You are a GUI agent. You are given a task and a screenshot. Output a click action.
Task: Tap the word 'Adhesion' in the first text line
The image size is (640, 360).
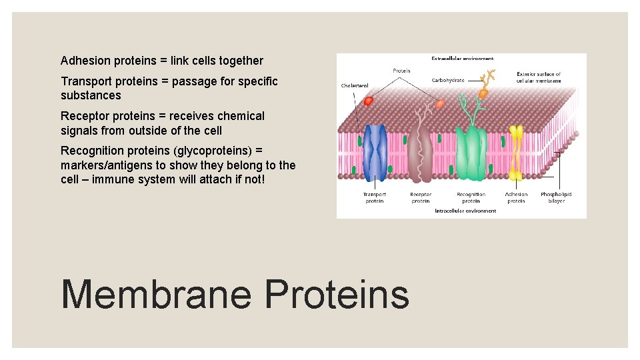pyautogui.click(x=85, y=61)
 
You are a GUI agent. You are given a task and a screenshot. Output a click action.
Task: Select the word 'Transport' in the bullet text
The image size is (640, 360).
pyautogui.click(x=87, y=81)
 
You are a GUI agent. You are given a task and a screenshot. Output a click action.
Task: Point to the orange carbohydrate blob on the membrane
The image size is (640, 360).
pyautogui.click(x=483, y=93)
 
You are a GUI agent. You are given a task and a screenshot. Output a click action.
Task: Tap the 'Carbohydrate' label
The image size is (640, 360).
pyautogui.click(x=447, y=79)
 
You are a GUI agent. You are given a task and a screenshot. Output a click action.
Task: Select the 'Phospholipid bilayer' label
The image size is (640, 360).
pyautogui.click(x=556, y=197)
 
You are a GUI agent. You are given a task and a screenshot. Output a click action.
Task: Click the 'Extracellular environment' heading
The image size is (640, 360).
pyautogui.click(x=462, y=59)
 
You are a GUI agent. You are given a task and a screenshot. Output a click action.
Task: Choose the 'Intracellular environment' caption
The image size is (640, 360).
pyautogui.click(x=465, y=211)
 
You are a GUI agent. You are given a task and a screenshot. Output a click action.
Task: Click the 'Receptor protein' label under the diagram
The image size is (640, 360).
pyautogui.click(x=421, y=197)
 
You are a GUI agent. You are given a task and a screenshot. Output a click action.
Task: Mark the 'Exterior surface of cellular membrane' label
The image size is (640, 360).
pyautogui.click(x=539, y=77)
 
